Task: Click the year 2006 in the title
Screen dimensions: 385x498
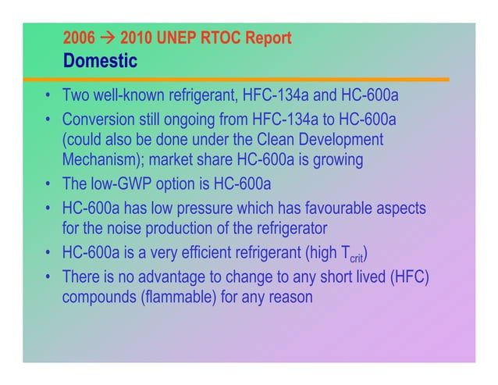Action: (x=77, y=37)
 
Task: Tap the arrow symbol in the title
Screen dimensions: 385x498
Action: (x=104, y=37)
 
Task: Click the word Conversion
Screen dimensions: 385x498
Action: (x=98, y=119)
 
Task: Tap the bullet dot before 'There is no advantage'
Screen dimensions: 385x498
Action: (x=48, y=277)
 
